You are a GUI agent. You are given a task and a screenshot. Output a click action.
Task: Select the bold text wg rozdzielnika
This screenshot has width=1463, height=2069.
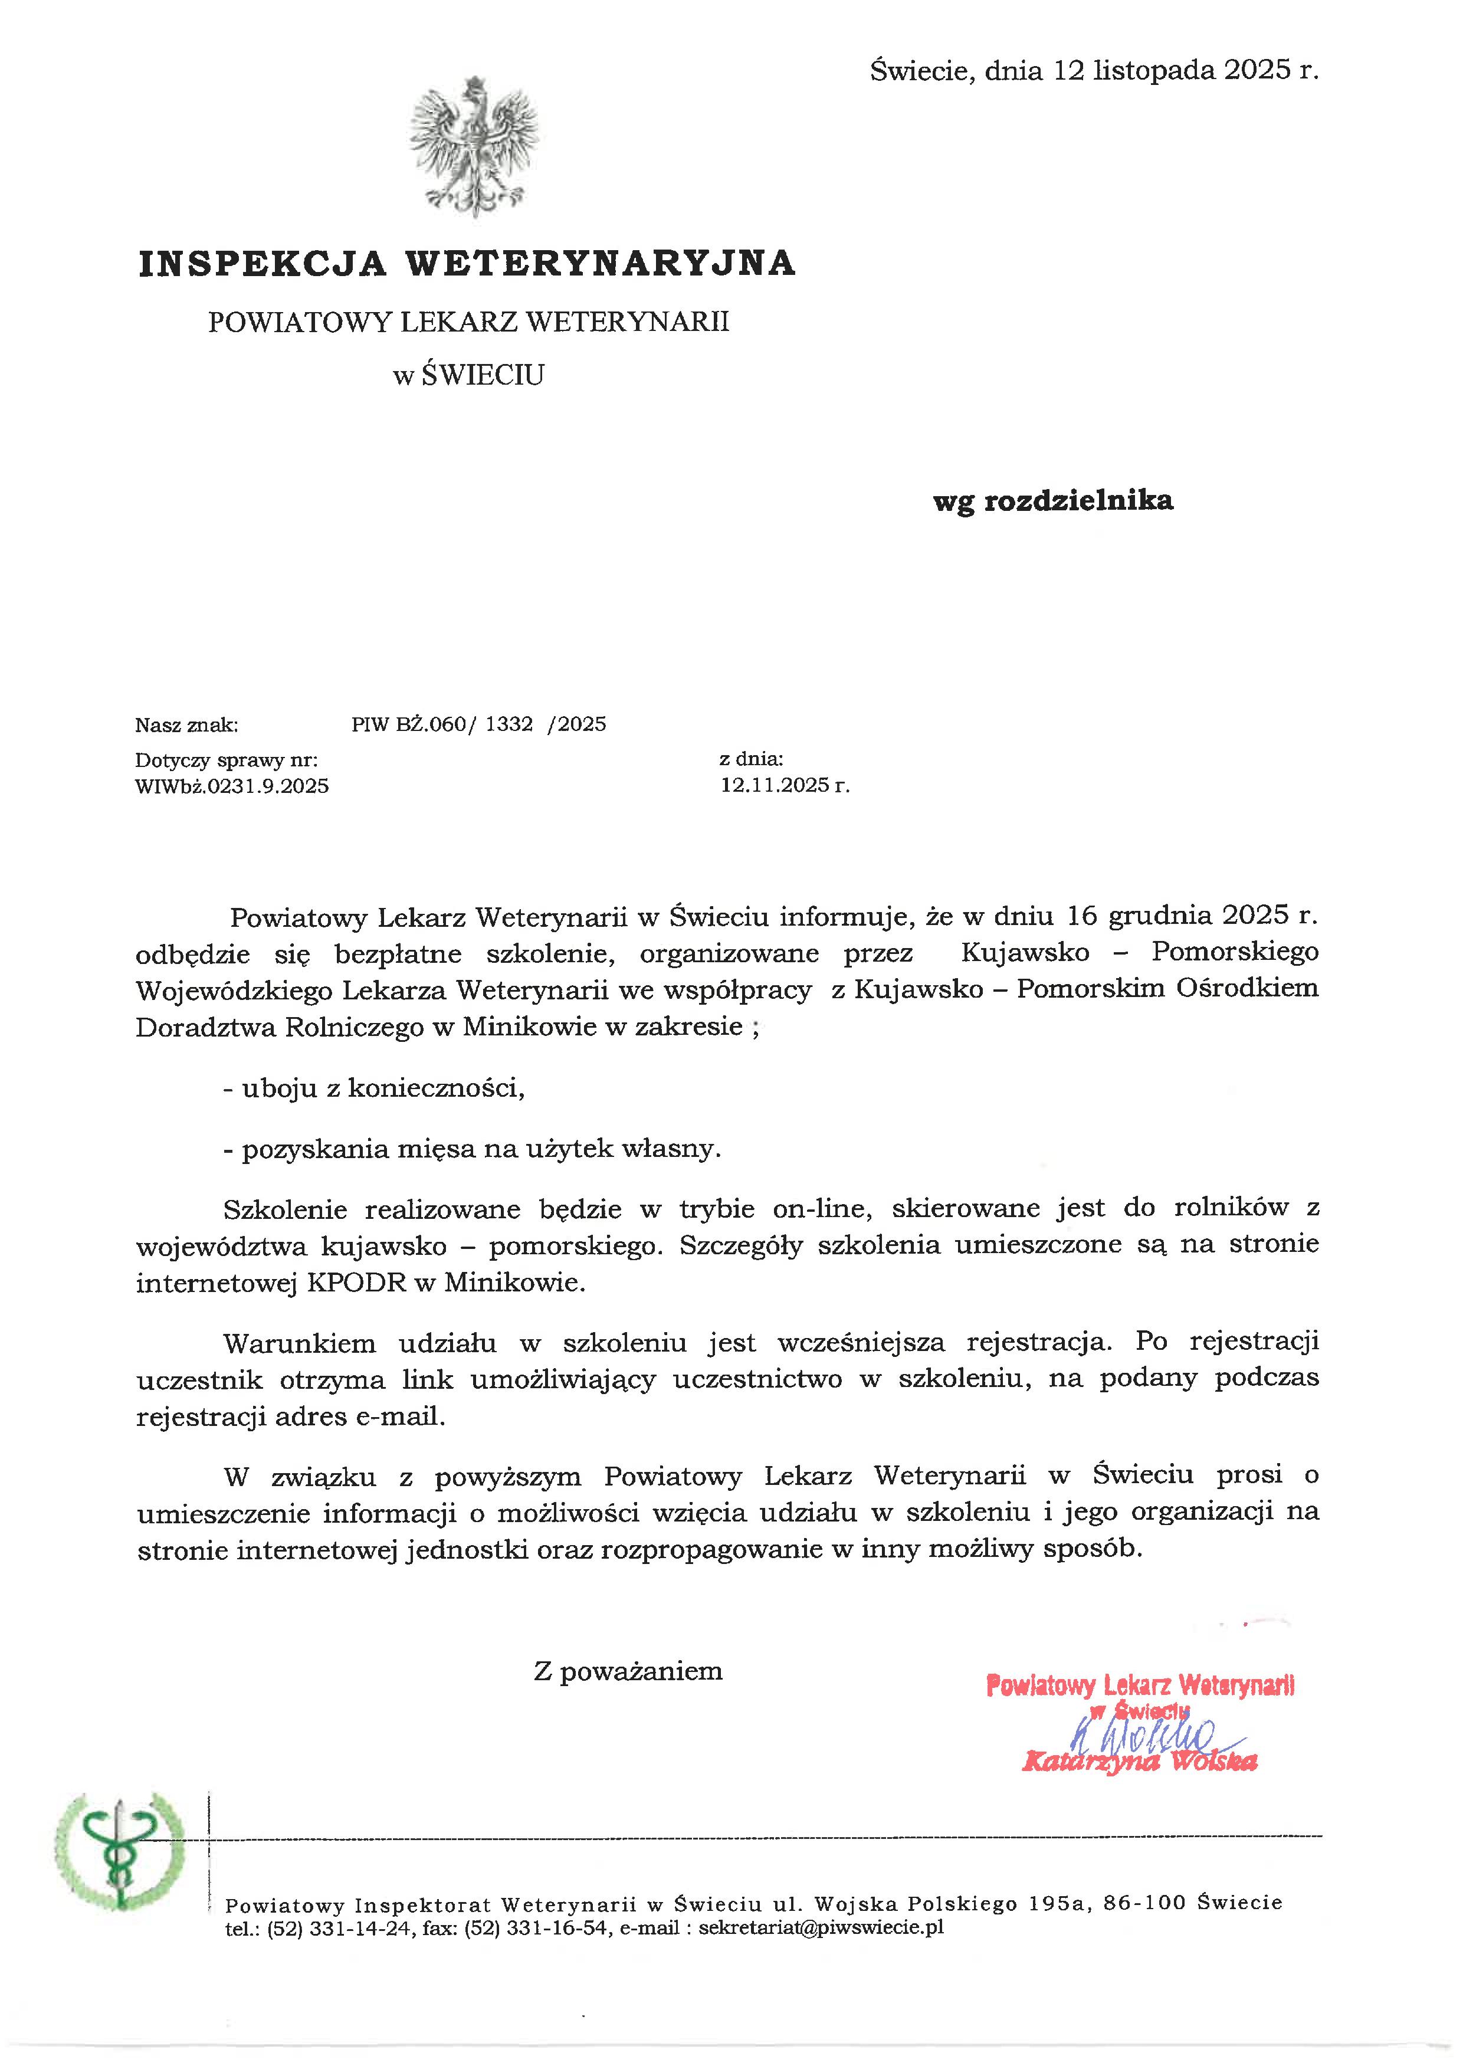[1052, 501]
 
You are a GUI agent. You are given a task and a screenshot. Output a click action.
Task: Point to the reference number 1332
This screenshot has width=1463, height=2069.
[509, 724]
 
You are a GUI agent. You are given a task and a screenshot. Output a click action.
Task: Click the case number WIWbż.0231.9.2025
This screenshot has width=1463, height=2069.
[231, 786]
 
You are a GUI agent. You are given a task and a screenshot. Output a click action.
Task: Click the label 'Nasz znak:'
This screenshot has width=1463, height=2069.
[186, 726]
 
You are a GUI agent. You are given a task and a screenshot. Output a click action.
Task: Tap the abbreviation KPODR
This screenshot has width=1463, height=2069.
[357, 1283]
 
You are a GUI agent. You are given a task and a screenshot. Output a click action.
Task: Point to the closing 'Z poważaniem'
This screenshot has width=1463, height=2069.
[628, 1671]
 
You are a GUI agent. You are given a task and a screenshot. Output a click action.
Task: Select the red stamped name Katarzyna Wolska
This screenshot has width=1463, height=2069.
[1140, 1762]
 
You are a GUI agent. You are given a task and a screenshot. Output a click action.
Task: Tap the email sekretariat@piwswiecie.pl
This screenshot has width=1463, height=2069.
[821, 1929]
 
